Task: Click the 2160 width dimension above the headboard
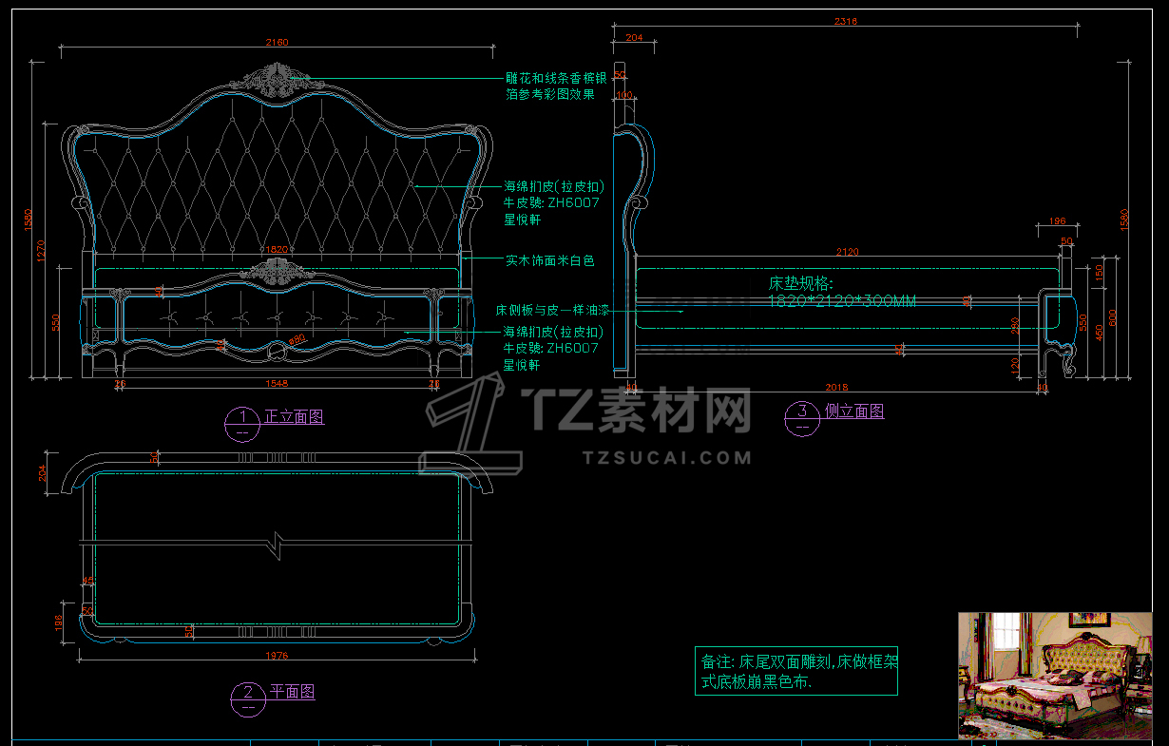(277, 42)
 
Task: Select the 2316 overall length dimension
(846, 21)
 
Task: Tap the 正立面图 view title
(294, 417)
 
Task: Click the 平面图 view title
(292, 692)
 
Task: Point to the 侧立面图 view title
(853, 411)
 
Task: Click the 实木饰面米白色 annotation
(549, 260)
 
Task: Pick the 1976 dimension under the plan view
(277, 656)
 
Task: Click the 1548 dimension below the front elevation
(277, 384)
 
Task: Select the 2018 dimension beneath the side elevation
(836, 388)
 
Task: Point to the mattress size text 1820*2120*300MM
(842, 301)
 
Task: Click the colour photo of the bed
(1054, 675)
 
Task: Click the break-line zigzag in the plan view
(277, 545)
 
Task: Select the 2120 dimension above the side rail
(846, 252)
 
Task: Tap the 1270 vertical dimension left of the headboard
(41, 250)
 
